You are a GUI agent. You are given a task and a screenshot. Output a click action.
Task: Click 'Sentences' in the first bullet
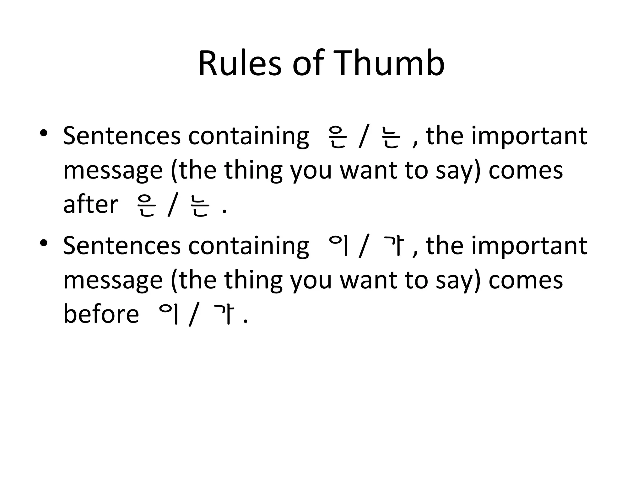coord(122,136)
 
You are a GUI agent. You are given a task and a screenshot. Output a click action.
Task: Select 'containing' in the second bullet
coord(248,246)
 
